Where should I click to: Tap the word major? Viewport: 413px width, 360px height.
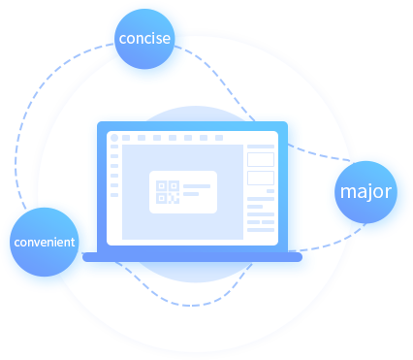[366, 191]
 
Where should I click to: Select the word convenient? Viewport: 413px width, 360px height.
[44, 241]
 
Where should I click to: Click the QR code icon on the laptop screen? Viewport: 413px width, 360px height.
[167, 192]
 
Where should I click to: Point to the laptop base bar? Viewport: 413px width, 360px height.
[192, 257]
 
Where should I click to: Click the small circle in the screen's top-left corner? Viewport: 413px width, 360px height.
[113, 139]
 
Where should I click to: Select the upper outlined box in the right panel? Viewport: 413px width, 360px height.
[260, 159]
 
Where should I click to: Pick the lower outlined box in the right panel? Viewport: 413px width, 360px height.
[260, 178]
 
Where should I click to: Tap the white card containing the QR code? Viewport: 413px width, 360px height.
[182, 192]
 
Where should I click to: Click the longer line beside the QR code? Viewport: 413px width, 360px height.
[197, 185]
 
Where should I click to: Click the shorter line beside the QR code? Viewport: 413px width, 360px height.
[192, 194]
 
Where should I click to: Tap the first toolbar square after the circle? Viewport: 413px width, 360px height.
[127, 139]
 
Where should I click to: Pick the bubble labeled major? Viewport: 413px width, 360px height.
[366, 191]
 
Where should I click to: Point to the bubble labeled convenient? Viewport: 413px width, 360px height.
[44, 241]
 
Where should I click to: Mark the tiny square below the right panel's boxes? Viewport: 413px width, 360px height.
[270, 191]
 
